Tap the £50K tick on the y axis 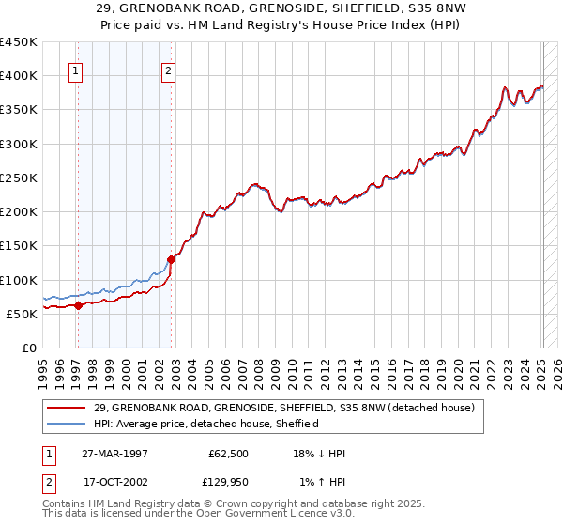tap(22, 314)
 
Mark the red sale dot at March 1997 tap(79, 304)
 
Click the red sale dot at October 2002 tap(172, 259)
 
